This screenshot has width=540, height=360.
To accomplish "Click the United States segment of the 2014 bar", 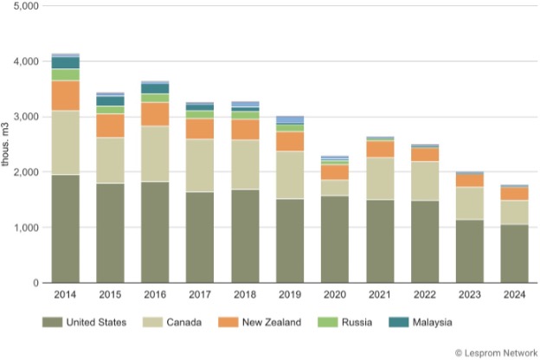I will [66, 228].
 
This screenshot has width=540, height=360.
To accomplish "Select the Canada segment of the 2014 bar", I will [66, 143].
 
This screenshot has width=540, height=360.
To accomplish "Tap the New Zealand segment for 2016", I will [156, 114].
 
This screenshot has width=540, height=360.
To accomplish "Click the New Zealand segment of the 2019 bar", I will [291, 141].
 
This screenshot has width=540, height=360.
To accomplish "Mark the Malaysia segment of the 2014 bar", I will [66, 62].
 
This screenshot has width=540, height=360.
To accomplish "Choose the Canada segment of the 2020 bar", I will [335, 187].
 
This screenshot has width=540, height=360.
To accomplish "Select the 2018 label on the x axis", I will [246, 295].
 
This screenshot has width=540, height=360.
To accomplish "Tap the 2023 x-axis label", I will [470, 295].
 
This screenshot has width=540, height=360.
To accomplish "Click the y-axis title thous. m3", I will [7, 144].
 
